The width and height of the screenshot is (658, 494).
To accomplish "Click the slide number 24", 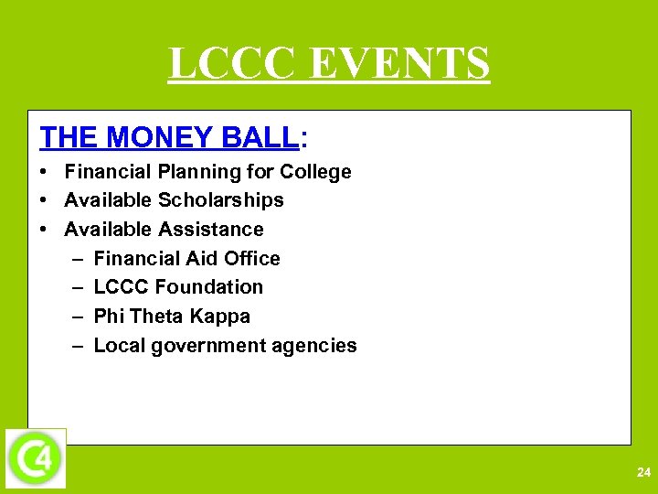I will coord(642,472).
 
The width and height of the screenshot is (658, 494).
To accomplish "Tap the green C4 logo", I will coord(36,457).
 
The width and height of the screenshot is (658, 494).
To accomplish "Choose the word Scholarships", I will coord(221,200).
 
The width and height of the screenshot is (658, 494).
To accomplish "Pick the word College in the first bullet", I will coord(315,172).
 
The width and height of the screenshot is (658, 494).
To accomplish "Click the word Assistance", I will coord(211,229).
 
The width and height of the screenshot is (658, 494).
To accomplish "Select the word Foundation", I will coord(209,287).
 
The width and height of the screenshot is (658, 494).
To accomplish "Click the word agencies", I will coord(317,346).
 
